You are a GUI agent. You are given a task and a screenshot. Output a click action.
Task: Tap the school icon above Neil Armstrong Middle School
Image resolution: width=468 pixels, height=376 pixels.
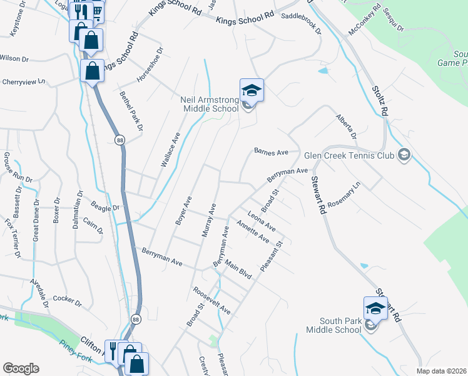252,91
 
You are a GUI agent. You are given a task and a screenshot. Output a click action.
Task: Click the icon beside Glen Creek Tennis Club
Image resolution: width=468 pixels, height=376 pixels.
404,155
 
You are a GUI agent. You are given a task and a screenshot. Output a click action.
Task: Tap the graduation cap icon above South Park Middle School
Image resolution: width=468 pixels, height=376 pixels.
375,308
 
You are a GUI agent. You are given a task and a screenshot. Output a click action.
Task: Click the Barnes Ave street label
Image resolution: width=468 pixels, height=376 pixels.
270,152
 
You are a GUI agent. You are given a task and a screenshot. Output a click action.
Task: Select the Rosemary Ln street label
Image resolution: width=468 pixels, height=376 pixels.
344,195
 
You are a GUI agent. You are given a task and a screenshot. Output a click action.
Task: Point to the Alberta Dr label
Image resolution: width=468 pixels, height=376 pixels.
346,126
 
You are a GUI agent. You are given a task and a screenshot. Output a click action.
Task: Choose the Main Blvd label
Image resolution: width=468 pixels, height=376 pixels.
238,269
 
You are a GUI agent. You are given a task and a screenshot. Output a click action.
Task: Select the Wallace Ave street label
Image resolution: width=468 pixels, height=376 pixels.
170,149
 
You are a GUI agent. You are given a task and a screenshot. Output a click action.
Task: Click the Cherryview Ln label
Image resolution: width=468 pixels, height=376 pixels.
24,81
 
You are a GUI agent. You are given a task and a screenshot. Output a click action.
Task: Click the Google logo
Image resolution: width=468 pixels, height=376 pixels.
21,368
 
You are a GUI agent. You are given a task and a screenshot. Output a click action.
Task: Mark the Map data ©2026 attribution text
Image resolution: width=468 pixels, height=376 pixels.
441,371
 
